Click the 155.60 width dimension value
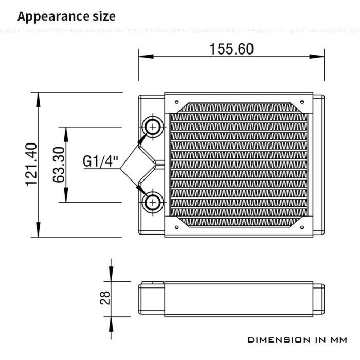231,49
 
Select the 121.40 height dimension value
32,165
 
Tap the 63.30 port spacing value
58,165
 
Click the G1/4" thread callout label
101,161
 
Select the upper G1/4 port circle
153,126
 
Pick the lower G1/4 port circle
153,202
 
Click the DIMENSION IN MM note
297,340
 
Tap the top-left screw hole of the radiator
176,101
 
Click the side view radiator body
231,298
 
